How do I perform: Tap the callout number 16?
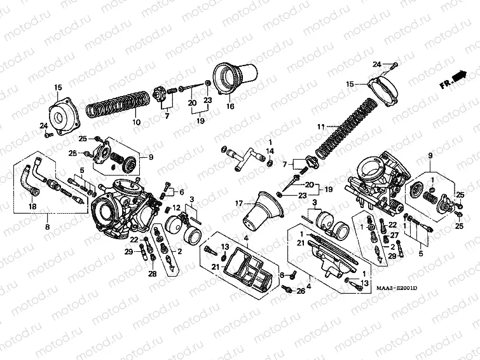point(230,107)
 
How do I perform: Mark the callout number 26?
point(301,291)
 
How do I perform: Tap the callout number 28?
point(152,273)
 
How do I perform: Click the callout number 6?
point(181,192)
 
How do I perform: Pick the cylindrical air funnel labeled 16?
point(235,78)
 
